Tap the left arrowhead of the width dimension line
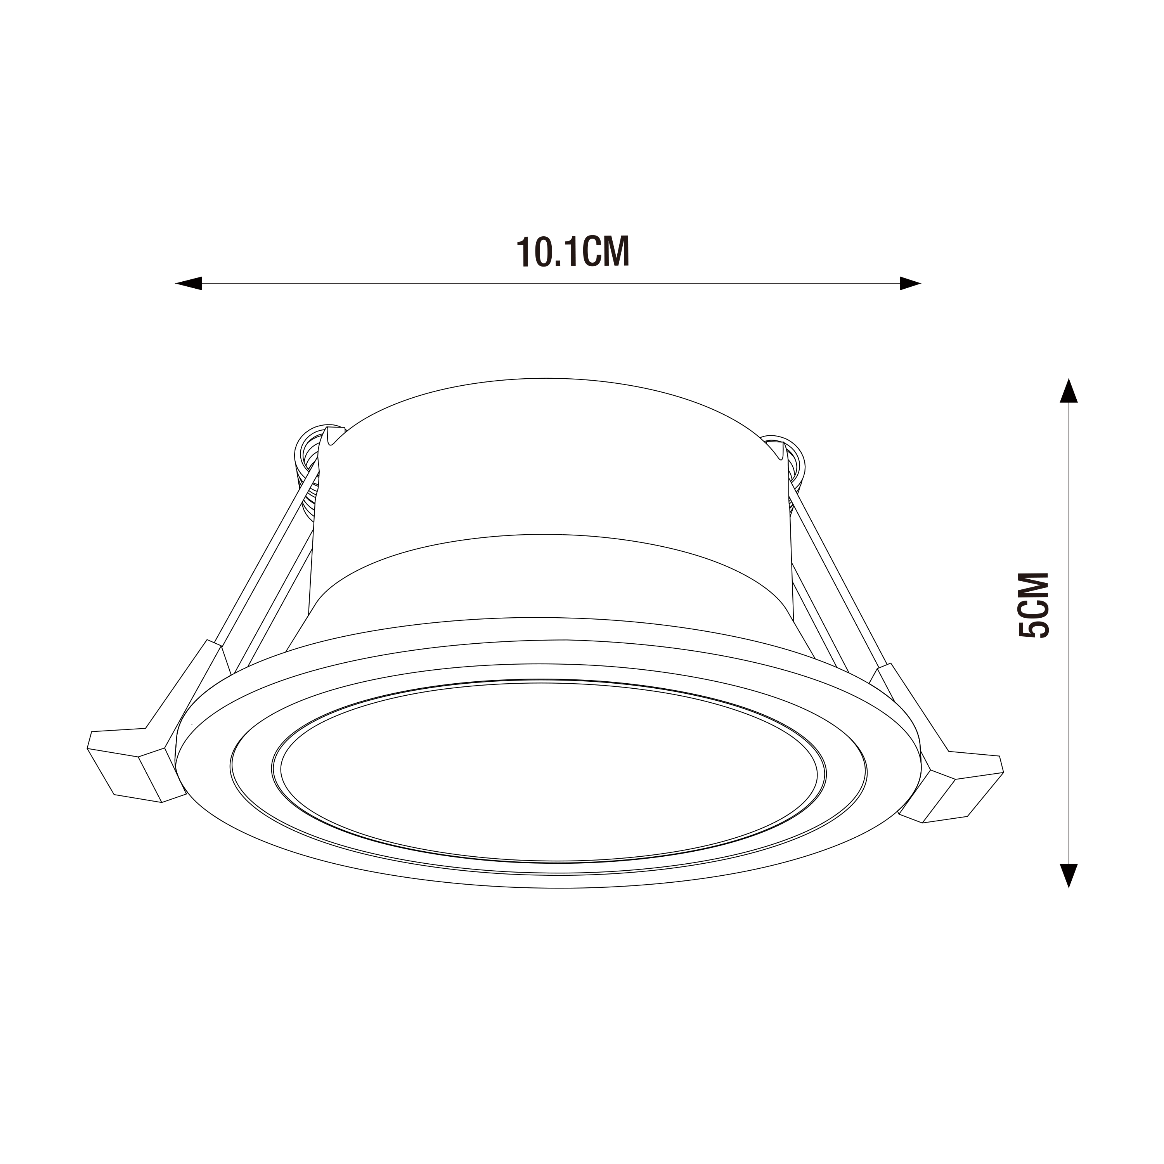click(189, 283)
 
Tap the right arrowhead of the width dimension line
click(910, 283)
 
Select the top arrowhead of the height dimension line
click(1068, 391)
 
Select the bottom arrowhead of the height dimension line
click(1068, 875)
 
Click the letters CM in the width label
click(607, 252)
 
